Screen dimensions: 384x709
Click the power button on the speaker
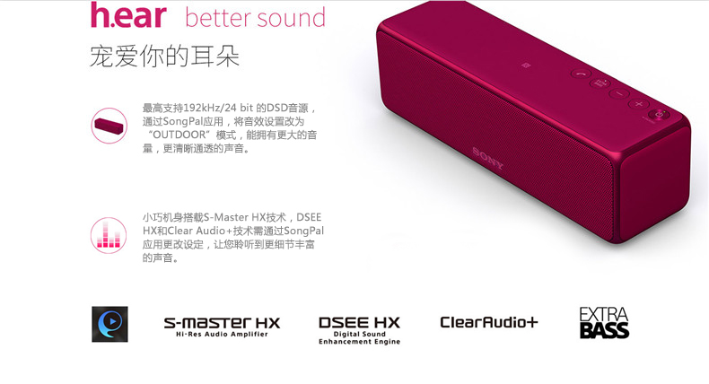coord(658,114)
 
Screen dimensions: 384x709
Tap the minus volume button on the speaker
coord(618,92)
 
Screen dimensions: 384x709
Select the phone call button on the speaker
coord(580,73)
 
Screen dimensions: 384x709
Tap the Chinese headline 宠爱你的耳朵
coord(164,56)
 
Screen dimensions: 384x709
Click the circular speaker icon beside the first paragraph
coord(109,126)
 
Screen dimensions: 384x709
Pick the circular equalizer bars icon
coord(109,234)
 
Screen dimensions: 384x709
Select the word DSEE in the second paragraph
coord(309,217)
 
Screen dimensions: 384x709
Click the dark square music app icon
coord(109,324)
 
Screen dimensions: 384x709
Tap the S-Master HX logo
coord(222,322)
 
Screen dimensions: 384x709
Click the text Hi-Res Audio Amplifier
coord(222,334)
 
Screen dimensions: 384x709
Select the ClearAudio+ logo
coord(489,322)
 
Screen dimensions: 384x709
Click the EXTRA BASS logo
coord(604,323)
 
